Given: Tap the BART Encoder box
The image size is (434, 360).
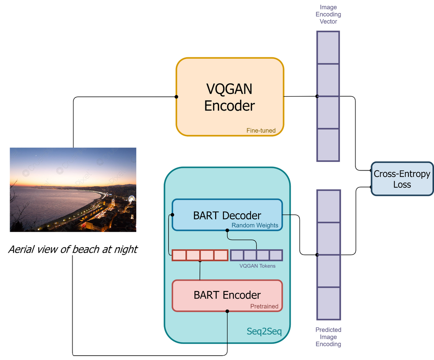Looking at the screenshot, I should coord(227,295).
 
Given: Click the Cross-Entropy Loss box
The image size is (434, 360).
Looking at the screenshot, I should coord(402,179).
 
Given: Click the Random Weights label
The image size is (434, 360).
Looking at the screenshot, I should coord(255,225).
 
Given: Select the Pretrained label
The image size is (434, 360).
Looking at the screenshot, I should coord(264,306).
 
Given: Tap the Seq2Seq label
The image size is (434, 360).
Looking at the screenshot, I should coord(264,332).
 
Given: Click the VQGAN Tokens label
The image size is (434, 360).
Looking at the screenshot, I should coord(257,266).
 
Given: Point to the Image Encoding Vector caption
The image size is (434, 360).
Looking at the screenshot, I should coord(328,14).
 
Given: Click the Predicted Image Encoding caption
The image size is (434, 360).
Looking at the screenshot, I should coord(328,337).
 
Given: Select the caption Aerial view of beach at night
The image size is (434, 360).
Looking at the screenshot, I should coord(73,249).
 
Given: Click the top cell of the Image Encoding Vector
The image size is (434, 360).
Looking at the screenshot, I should coord(328,47).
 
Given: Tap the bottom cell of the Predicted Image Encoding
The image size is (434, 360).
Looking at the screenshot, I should coord(328,304).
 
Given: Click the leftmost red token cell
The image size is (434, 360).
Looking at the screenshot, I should coord(179,255).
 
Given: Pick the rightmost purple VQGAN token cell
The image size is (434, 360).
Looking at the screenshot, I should coord(276,255).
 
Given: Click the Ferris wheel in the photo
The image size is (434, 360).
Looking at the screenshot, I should coord(131,199).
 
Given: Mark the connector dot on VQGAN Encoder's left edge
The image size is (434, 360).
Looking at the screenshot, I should coord(176,97).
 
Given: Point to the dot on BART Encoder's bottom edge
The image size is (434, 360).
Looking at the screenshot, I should coord(227,311).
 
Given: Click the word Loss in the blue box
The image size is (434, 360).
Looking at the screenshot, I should coord(402,184).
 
